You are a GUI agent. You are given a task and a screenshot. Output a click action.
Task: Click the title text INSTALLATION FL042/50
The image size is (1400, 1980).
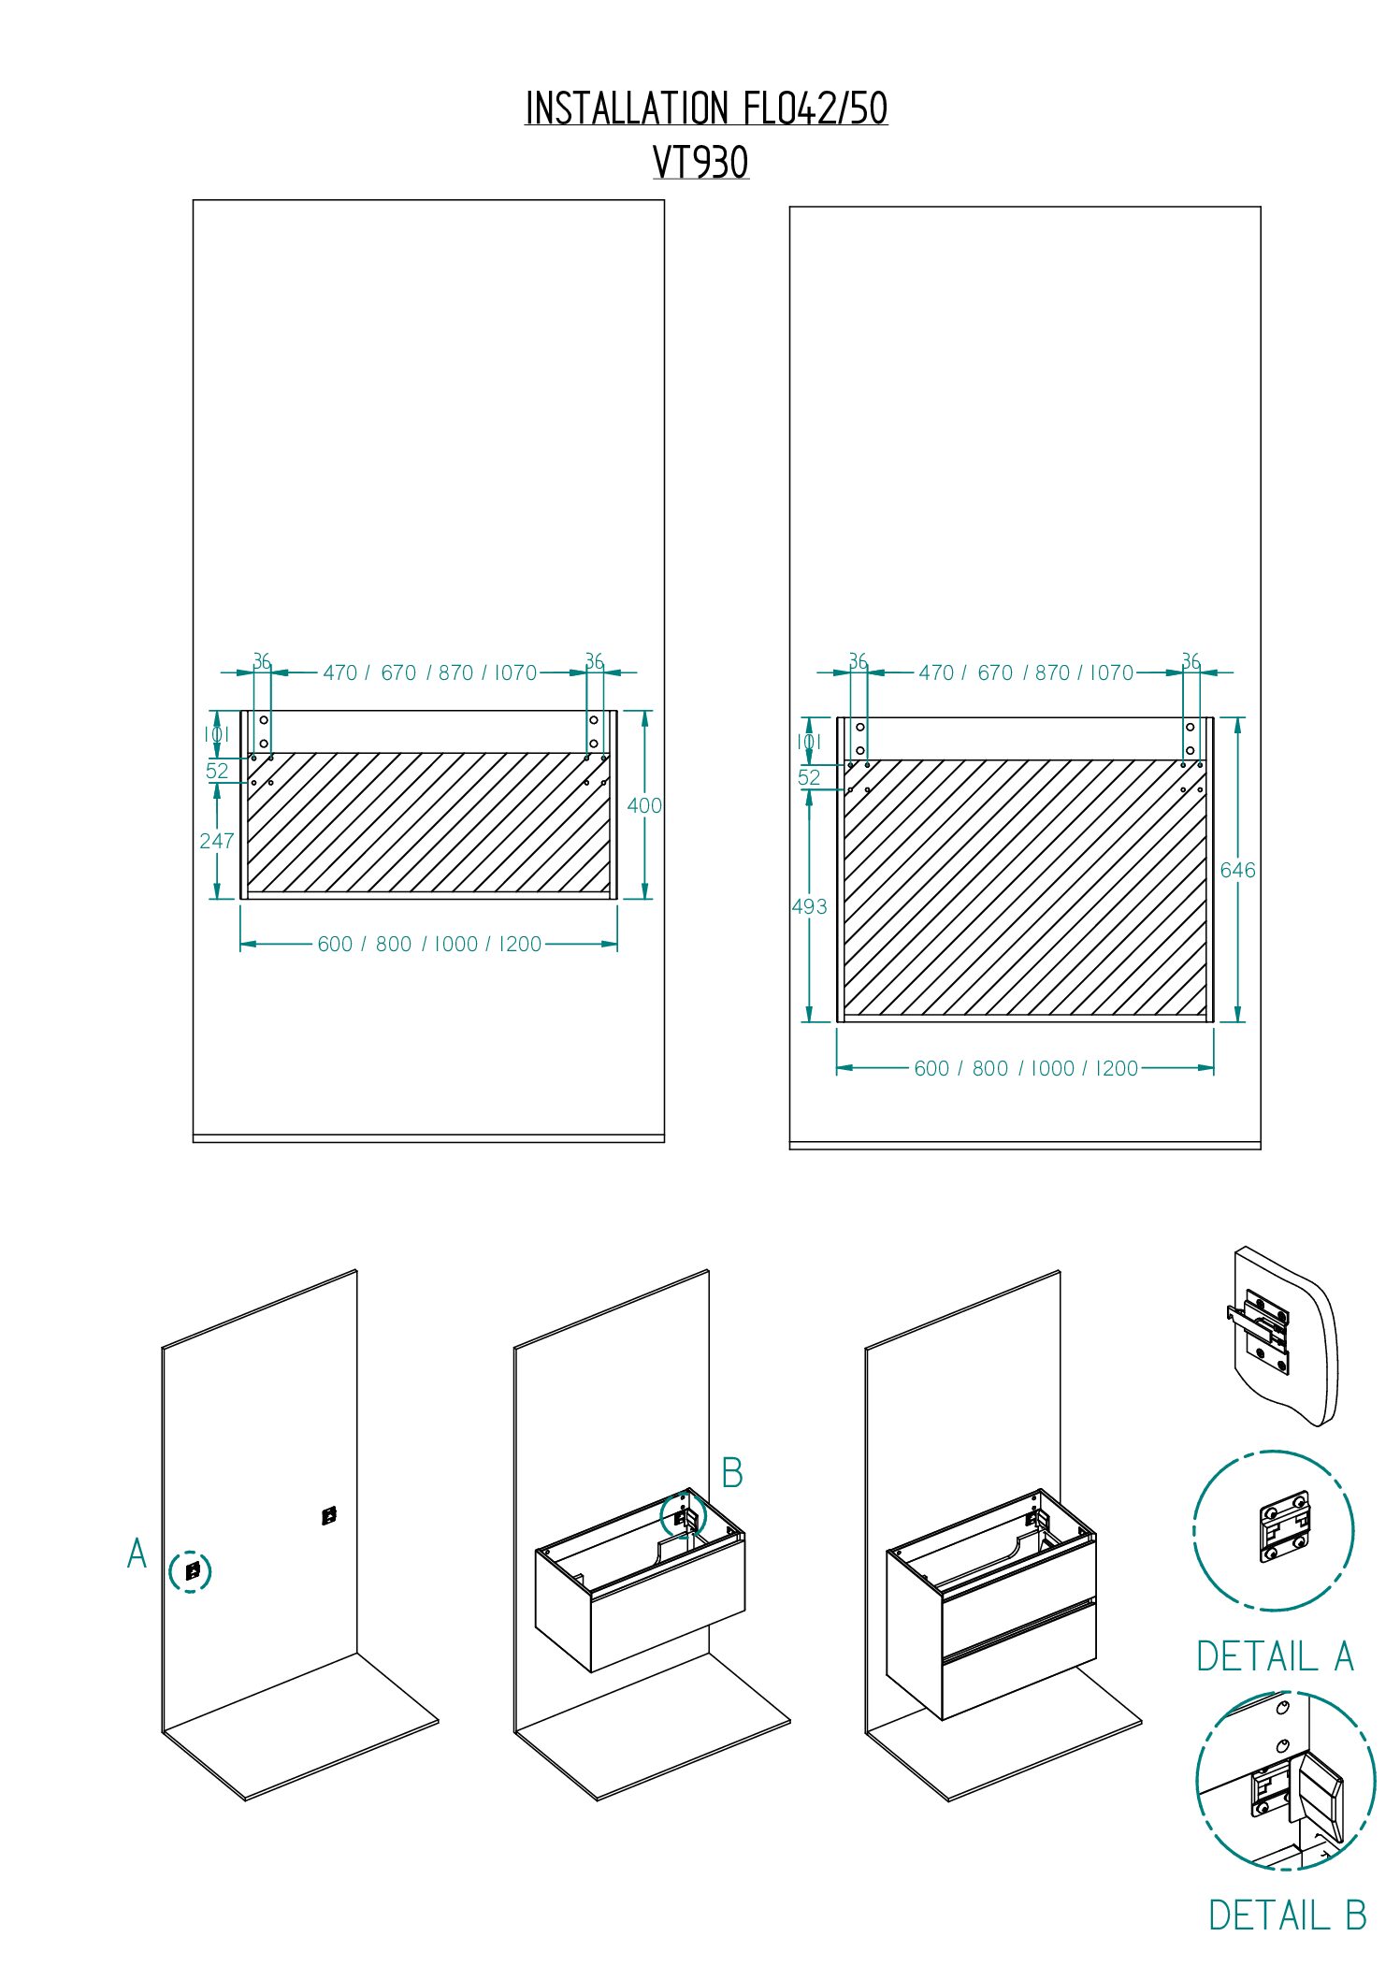click(x=706, y=108)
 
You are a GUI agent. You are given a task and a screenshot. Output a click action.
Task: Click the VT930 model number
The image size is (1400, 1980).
click(x=700, y=163)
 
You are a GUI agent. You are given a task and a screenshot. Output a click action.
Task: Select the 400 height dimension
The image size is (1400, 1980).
click(x=644, y=805)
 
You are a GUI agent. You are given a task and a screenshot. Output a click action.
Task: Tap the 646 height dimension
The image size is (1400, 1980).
click(x=1237, y=870)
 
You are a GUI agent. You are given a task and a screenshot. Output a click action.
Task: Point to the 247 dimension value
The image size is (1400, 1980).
click(x=217, y=841)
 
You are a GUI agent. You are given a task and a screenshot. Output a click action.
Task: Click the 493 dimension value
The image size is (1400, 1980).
click(x=809, y=906)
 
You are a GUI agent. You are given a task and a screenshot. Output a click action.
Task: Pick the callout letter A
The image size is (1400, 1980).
click(x=137, y=1554)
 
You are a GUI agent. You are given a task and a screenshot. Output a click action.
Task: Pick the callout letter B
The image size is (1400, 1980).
click(x=732, y=1473)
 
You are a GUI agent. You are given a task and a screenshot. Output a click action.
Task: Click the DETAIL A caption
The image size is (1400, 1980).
click(x=1276, y=1656)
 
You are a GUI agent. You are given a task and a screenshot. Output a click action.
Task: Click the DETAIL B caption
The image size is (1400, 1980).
click(x=1288, y=1915)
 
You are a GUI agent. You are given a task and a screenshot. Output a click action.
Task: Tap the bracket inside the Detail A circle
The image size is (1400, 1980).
click(x=1285, y=1526)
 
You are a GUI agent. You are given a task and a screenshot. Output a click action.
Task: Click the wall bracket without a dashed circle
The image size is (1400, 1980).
click(x=329, y=1516)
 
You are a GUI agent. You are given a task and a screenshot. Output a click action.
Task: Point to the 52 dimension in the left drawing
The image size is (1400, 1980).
click(x=217, y=771)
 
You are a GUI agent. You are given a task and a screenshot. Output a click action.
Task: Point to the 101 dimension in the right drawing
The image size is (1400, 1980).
click(x=809, y=742)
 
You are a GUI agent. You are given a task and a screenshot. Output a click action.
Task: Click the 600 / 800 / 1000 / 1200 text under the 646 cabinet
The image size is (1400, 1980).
click(x=1026, y=1068)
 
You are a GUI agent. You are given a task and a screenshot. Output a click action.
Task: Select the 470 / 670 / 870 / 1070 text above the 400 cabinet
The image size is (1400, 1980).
click(x=430, y=672)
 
